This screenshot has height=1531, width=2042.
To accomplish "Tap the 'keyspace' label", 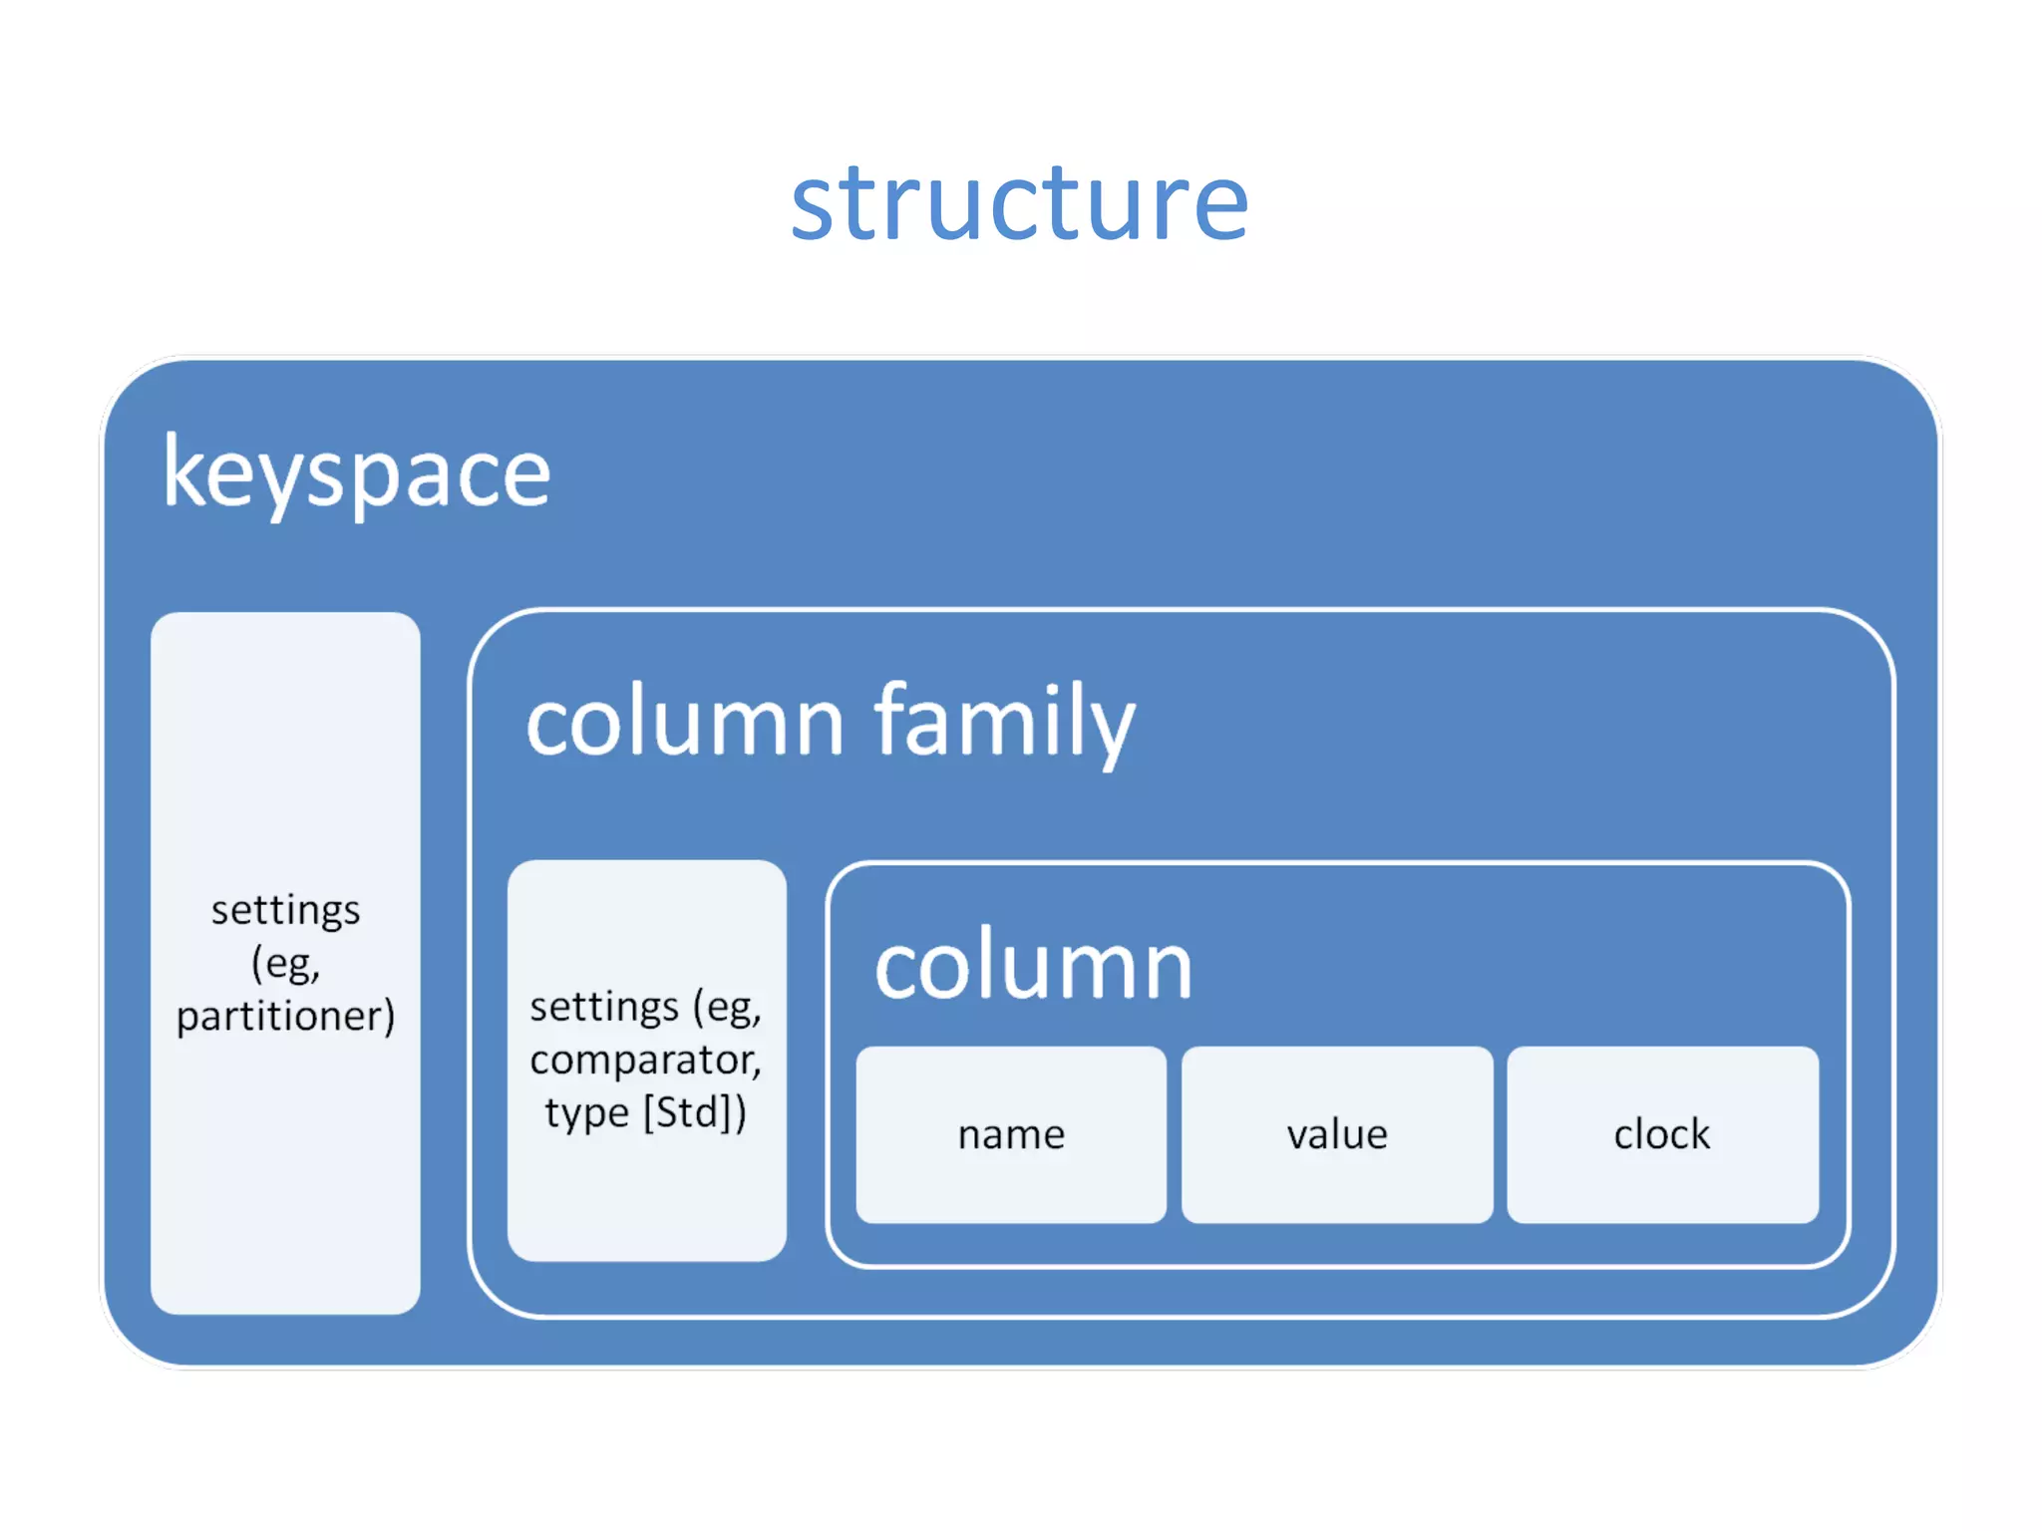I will (x=356, y=473).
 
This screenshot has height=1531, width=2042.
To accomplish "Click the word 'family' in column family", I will (x=1004, y=722).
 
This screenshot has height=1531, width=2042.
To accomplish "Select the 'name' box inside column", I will (x=1011, y=1134).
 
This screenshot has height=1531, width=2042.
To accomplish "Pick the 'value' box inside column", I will (x=1337, y=1134).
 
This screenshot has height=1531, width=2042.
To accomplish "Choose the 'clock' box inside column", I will (x=1662, y=1134).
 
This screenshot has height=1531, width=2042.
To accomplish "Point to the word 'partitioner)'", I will (x=286, y=1017).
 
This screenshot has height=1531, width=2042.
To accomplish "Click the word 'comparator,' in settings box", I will (x=645, y=1060).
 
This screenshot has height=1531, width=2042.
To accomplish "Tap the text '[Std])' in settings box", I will (x=695, y=1112).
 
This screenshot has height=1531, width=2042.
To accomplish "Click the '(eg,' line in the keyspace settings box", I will (x=286, y=964).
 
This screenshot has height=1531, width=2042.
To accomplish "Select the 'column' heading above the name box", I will (x=1033, y=966).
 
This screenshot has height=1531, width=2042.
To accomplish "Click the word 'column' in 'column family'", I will (x=685, y=722).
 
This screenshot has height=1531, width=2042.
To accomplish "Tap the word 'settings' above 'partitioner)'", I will (x=286, y=910).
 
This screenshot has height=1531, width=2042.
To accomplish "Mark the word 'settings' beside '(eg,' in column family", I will (x=603, y=1007).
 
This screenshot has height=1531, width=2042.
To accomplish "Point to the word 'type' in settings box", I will (x=587, y=1112).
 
